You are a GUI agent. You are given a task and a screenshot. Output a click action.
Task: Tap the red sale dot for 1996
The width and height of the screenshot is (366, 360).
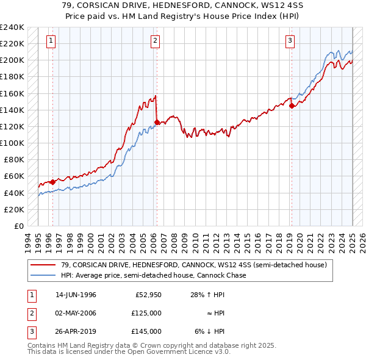pyautogui.click(x=53, y=181)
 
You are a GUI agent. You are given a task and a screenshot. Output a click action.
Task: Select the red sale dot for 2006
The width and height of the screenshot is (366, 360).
pyautogui.click(x=157, y=122)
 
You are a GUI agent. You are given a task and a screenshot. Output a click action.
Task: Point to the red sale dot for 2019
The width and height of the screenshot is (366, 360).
pyautogui.click(x=292, y=106)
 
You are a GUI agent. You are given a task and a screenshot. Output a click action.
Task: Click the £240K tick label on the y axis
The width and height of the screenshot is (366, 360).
pyautogui.click(x=12, y=27)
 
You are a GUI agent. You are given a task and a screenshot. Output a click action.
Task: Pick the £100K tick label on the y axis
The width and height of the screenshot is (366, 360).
pyautogui.click(x=12, y=143)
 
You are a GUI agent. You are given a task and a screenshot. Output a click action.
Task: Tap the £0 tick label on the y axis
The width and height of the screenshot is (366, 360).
pyautogui.click(x=18, y=226)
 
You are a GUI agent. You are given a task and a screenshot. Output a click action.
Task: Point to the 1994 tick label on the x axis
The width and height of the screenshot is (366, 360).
pyautogui.click(x=27, y=242)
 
